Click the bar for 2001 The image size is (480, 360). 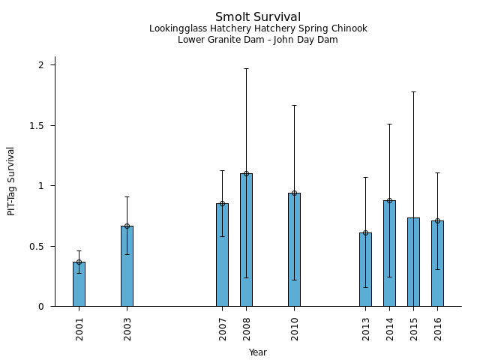tap(79, 284)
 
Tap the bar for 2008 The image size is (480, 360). tap(246, 240)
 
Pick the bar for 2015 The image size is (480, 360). tap(413, 262)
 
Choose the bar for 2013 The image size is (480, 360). tap(365, 269)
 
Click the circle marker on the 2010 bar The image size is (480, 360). tap(294, 193)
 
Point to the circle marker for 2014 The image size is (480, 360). tap(389, 200)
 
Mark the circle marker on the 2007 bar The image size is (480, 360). tap(222, 203)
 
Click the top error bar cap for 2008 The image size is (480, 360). tap(246, 68)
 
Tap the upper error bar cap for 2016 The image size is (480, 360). tap(437, 172)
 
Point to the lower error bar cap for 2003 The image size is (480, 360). tap(127, 254)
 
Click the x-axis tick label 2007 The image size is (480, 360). tap(223, 328)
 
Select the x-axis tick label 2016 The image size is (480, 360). tap(438, 328)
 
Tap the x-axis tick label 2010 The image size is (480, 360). tap(295, 328)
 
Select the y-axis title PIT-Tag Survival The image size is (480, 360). tap(11, 181)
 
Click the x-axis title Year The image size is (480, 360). tap(258, 352)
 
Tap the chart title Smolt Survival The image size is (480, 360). tap(258, 17)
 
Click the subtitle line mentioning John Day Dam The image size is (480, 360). tap(258, 40)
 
